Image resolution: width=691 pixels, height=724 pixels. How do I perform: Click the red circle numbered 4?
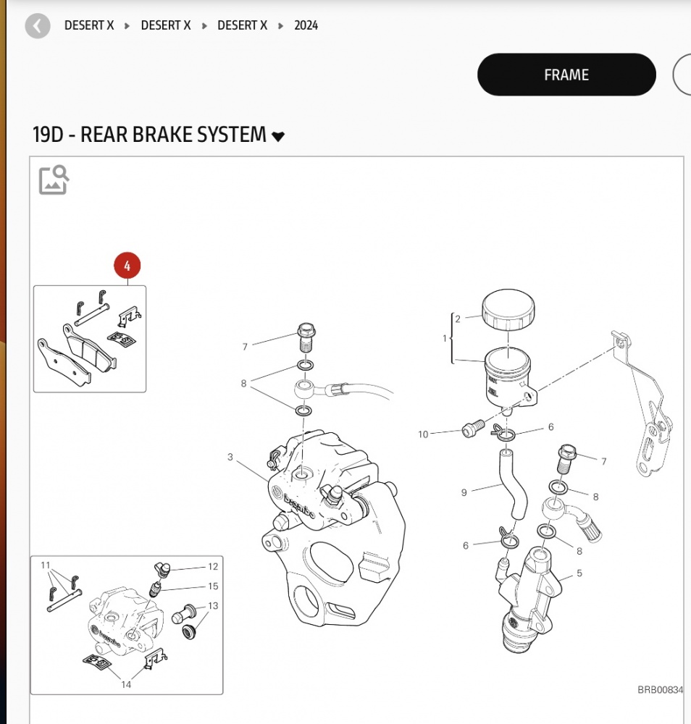click(127, 266)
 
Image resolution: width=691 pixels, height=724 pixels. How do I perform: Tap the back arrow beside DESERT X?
click(38, 26)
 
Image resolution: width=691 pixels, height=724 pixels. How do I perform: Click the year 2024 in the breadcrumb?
click(306, 25)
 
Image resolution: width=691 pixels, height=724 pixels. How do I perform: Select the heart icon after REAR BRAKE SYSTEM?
click(278, 136)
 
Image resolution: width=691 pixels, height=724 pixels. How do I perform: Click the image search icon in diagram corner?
click(54, 180)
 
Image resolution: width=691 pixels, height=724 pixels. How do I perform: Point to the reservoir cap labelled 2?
click(508, 309)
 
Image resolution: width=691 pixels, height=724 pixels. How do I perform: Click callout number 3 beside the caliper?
click(230, 457)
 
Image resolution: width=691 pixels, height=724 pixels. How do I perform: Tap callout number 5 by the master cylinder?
click(579, 574)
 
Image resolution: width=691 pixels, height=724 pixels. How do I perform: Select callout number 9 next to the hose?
click(464, 493)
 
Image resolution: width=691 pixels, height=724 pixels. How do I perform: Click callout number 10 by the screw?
click(423, 434)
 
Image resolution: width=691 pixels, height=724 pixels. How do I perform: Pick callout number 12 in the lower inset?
click(213, 567)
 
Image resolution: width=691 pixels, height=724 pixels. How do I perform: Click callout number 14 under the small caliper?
click(126, 684)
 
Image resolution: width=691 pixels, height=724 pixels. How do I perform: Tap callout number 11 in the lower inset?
click(45, 565)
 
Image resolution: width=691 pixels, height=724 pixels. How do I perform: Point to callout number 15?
click(213, 586)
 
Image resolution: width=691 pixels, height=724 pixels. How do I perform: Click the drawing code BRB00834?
click(659, 690)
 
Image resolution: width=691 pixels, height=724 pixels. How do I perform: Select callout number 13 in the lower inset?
click(213, 605)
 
